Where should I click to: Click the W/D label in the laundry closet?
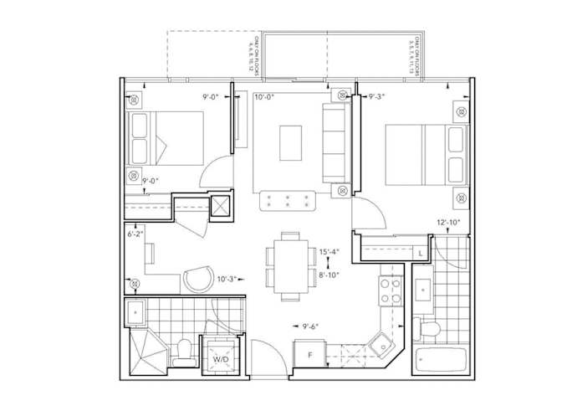click(221, 360)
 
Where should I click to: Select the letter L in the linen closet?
click(419, 252)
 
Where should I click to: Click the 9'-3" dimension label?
click(379, 97)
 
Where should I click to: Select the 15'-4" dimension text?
click(328, 251)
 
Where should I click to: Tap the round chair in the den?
click(199, 278)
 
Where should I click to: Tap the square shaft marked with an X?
click(222, 207)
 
